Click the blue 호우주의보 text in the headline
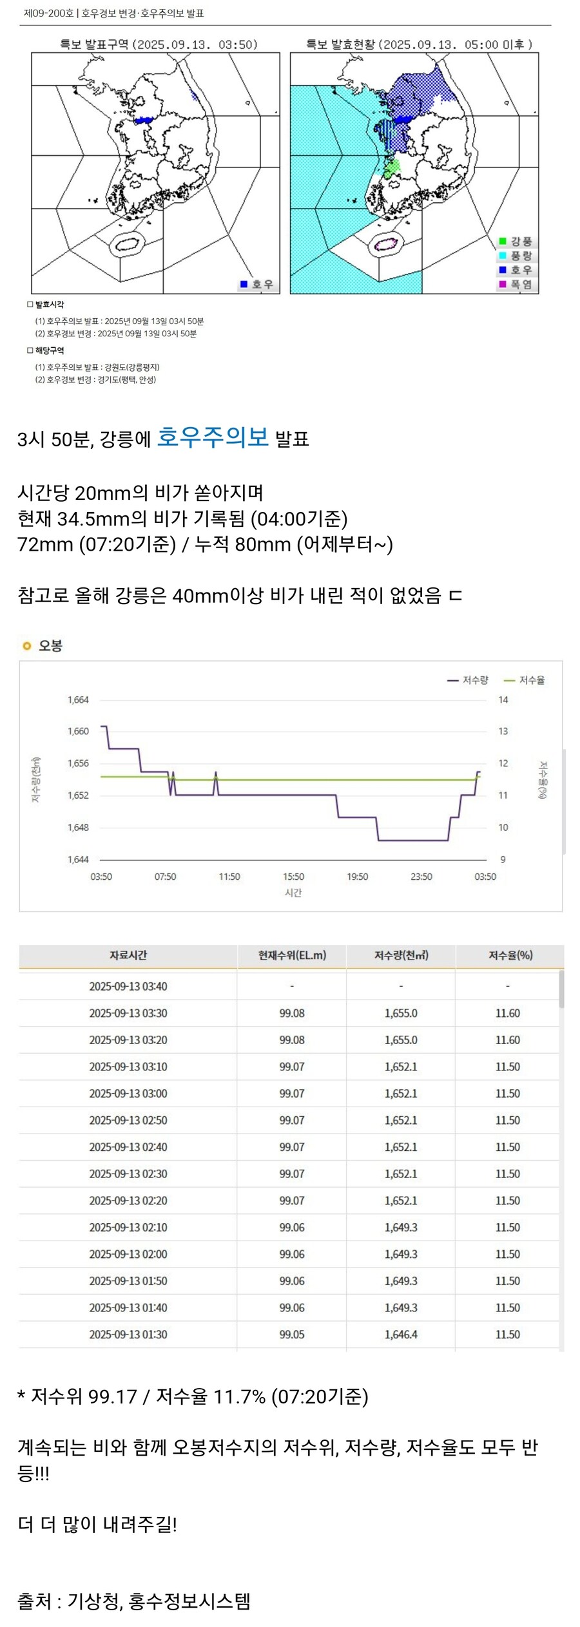[x=213, y=437]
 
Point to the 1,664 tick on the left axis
[x=78, y=700]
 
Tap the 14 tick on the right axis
[x=503, y=700]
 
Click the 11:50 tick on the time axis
[x=229, y=877]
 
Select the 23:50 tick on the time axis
[x=421, y=877]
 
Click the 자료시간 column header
[x=128, y=955]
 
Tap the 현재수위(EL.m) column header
[x=292, y=955]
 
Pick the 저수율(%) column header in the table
[x=510, y=955]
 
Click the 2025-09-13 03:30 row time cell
[x=128, y=1013]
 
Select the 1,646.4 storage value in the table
[x=401, y=1335]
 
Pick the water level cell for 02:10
[x=292, y=1228]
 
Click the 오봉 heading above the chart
[x=50, y=645]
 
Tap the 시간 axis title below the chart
[x=293, y=893]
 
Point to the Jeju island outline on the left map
[x=127, y=245]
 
